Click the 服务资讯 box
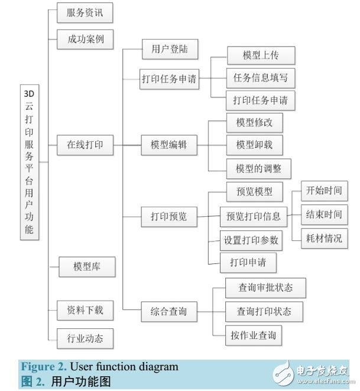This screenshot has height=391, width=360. coord(85,12)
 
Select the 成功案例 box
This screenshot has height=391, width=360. coord(85,40)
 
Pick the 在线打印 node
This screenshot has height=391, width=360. coord(85,145)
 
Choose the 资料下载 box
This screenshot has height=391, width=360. coord(85,309)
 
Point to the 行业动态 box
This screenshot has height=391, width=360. coord(85,338)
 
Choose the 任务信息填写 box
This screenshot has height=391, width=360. coord(261,77)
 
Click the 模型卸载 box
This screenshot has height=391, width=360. coord(255,145)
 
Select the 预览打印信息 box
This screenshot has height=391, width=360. coord(254,216)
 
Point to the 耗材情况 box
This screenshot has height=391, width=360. coord(323,238)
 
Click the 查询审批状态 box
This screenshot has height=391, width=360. coord(264,287)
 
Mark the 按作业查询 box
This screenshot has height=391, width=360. coord(253,335)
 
